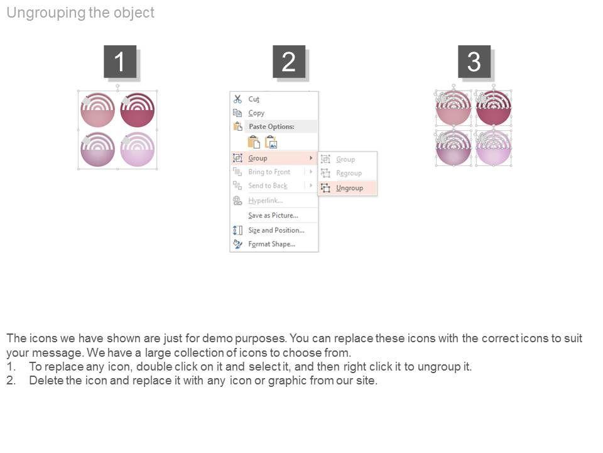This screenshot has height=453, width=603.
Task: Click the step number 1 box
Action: (120, 61)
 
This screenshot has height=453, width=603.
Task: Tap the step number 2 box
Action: (289, 61)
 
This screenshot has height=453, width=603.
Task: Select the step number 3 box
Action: (474, 61)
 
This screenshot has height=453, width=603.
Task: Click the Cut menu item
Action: (254, 99)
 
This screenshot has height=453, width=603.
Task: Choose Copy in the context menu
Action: (256, 113)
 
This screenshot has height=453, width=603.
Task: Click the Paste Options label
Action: (271, 126)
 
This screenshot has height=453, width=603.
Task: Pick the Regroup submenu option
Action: (349, 174)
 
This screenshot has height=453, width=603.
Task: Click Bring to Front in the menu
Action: (269, 172)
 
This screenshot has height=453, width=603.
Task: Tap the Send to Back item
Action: (268, 186)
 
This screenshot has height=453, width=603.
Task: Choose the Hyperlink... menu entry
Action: (265, 200)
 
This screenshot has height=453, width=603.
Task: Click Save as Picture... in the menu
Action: (273, 215)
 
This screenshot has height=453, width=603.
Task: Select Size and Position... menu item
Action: (276, 230)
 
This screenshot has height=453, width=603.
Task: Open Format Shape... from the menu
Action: (271, 244)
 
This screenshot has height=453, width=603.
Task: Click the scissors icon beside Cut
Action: (237, 99)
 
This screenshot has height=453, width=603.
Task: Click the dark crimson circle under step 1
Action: (138, 110)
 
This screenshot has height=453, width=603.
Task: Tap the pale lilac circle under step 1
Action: (138, 150)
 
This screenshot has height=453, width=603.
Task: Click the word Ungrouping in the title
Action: (46, 13)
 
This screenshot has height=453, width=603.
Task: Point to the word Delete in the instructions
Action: (46, 380)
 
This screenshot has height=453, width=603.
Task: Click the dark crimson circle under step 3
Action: (494, 108)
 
